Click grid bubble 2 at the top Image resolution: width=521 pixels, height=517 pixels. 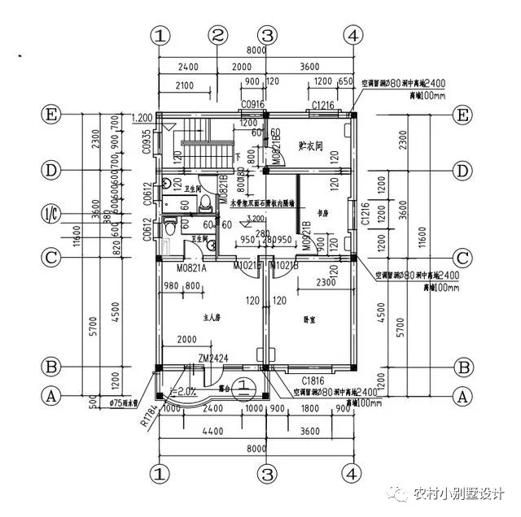[217, 36]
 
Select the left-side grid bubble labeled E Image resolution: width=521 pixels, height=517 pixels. [52, 115]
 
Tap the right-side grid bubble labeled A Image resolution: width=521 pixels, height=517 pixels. [463, 396]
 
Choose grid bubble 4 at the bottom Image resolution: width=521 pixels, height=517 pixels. [352, 472]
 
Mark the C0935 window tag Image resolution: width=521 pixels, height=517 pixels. [147, 142]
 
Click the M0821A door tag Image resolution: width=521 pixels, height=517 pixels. [192, 267]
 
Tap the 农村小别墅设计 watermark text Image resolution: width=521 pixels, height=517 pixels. [459, 493]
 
